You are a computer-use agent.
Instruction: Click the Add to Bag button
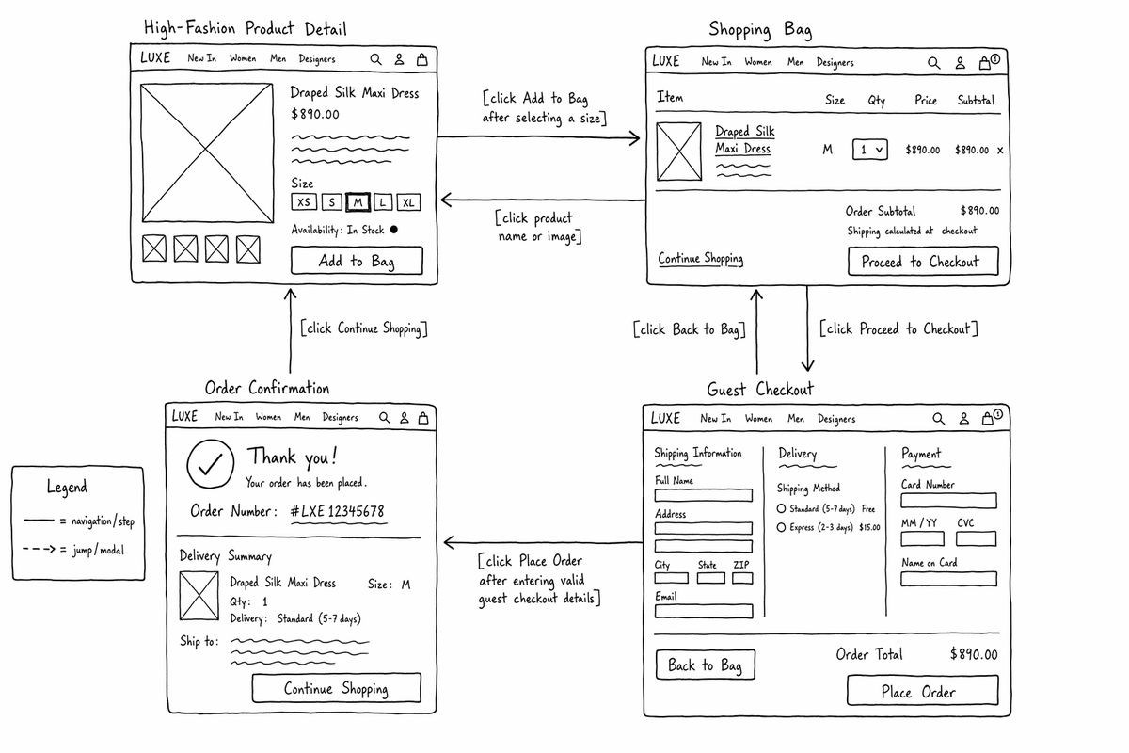click(357, 260)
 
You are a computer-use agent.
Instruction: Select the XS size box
click(304, 201)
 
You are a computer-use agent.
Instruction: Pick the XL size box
click(408, 202)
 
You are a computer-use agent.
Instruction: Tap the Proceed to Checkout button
click(923, 261)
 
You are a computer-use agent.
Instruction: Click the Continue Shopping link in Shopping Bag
click(701, 258)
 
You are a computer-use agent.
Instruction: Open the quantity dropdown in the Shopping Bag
click(870, 150)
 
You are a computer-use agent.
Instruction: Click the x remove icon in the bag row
click(1000, 150)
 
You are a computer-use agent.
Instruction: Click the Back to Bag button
click(705, 665)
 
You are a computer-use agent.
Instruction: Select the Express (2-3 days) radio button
click(781, 527)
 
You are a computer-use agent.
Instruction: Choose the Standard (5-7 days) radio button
click(781, 508)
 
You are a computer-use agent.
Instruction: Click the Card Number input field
click(948, 501)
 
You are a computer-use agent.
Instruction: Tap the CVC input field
click(976, 538)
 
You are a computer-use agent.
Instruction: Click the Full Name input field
click(704, 495)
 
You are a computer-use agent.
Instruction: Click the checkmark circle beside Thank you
click(210, 464)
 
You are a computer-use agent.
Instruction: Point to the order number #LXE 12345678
click(337, 511)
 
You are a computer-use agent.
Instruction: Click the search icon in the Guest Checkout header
click(938, 419)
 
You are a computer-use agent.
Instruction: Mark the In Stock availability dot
click(393, 230)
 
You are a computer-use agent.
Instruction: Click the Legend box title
click(67, 487)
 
